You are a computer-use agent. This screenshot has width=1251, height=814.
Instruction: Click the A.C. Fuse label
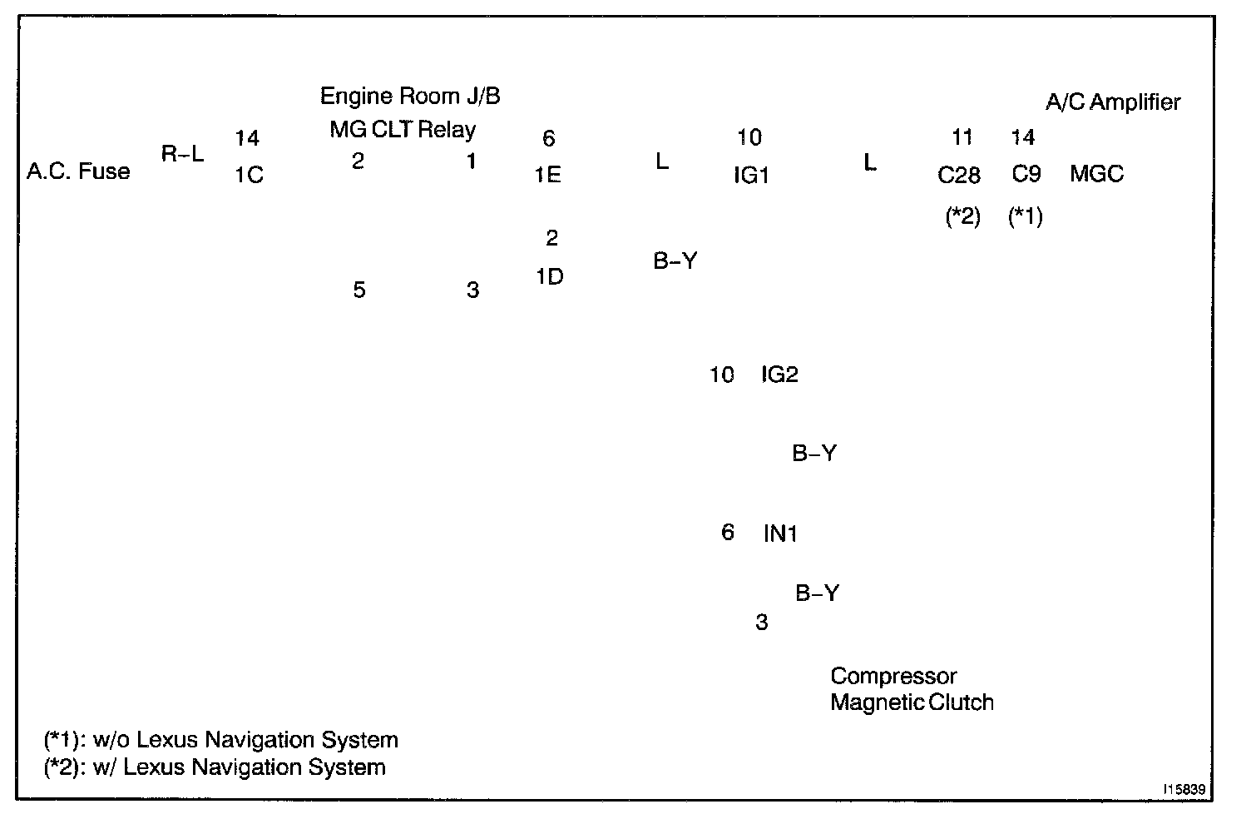tap(78, 171)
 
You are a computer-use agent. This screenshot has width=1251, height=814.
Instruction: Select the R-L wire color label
tap(182, 153)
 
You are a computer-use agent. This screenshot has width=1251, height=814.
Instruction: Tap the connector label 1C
tap(249, 175)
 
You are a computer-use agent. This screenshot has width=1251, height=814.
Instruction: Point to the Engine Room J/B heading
tap(410, 97)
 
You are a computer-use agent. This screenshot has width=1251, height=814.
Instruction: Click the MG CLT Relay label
tap(403, 130)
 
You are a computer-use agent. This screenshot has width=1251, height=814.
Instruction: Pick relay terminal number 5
tap(358, 290)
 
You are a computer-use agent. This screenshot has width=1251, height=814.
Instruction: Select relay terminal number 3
tap(472, 290)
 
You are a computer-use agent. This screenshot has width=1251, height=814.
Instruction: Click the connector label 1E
tap(547, 175)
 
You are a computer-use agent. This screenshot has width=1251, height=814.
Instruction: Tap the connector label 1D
tap(549, 277)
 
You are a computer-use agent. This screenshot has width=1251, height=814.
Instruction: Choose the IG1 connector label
tap(750, 176)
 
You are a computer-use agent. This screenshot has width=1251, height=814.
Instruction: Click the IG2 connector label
tap(779, 375)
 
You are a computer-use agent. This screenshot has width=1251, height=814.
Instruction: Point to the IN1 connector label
tap(780, 534)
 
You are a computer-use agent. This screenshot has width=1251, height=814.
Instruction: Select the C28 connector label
tap(959, 176)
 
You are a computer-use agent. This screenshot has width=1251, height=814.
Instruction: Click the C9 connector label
tap(1026, 175)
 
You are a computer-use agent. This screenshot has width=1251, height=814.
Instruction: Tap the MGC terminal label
tap(1096, 174)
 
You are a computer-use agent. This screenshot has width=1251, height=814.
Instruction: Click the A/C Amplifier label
tap(1113, 102)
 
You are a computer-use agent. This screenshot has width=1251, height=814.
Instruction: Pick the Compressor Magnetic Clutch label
tap(912, 689)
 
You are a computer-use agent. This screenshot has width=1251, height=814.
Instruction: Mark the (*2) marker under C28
tap(963, 217)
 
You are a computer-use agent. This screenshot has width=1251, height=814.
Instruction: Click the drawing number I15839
tap(1185, 787)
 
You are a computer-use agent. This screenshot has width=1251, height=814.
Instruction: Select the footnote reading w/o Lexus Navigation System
tap(220, 740)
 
